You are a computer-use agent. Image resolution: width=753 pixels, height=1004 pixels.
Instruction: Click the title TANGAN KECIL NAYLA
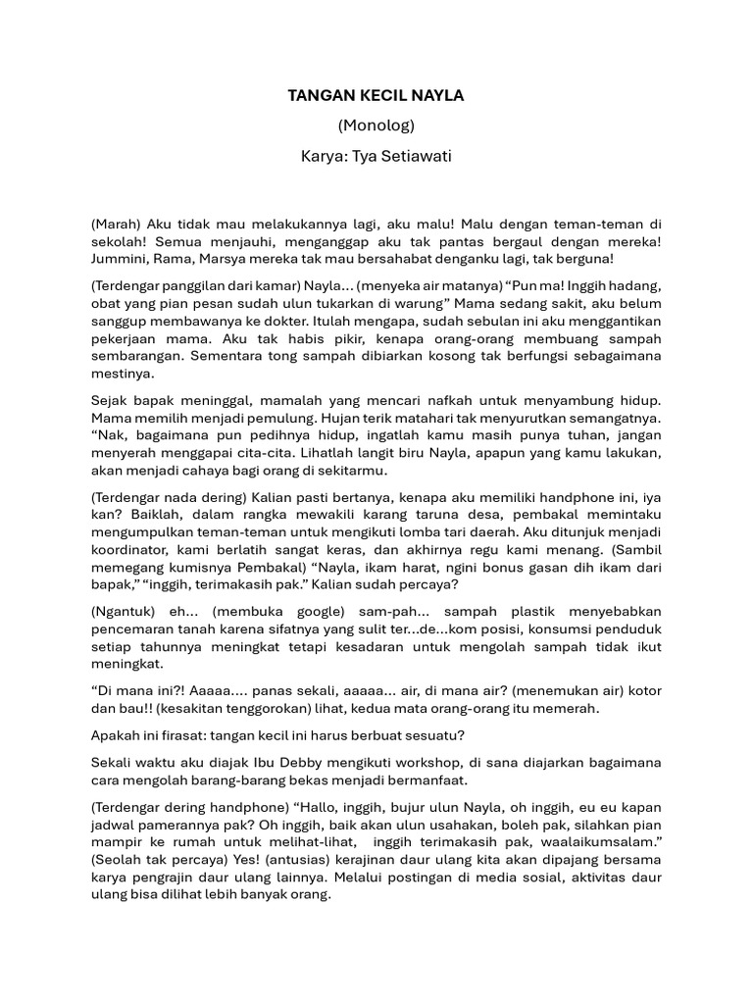click(376, 96)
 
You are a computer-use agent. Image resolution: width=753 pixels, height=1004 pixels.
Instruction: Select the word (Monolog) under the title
click(376, 125)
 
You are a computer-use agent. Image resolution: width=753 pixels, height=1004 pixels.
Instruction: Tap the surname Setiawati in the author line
click(411, 156)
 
